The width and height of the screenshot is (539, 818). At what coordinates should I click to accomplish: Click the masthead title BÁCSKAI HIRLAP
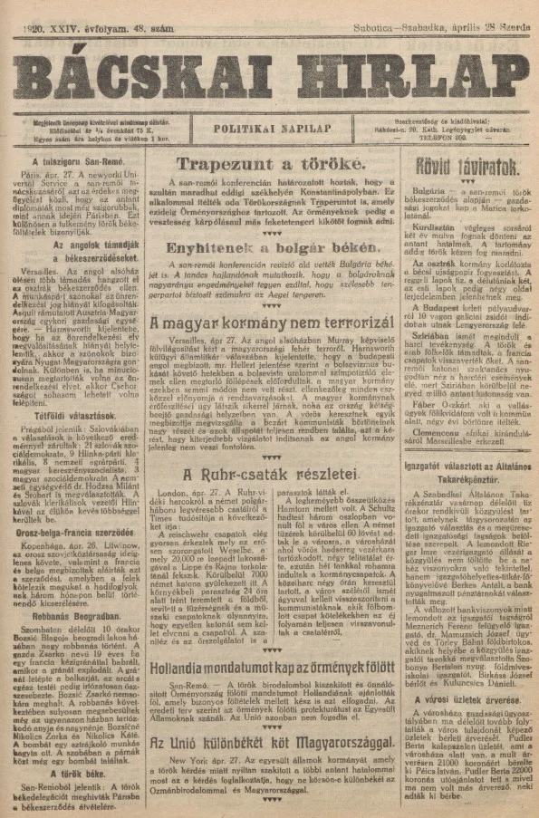click(268, 75)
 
